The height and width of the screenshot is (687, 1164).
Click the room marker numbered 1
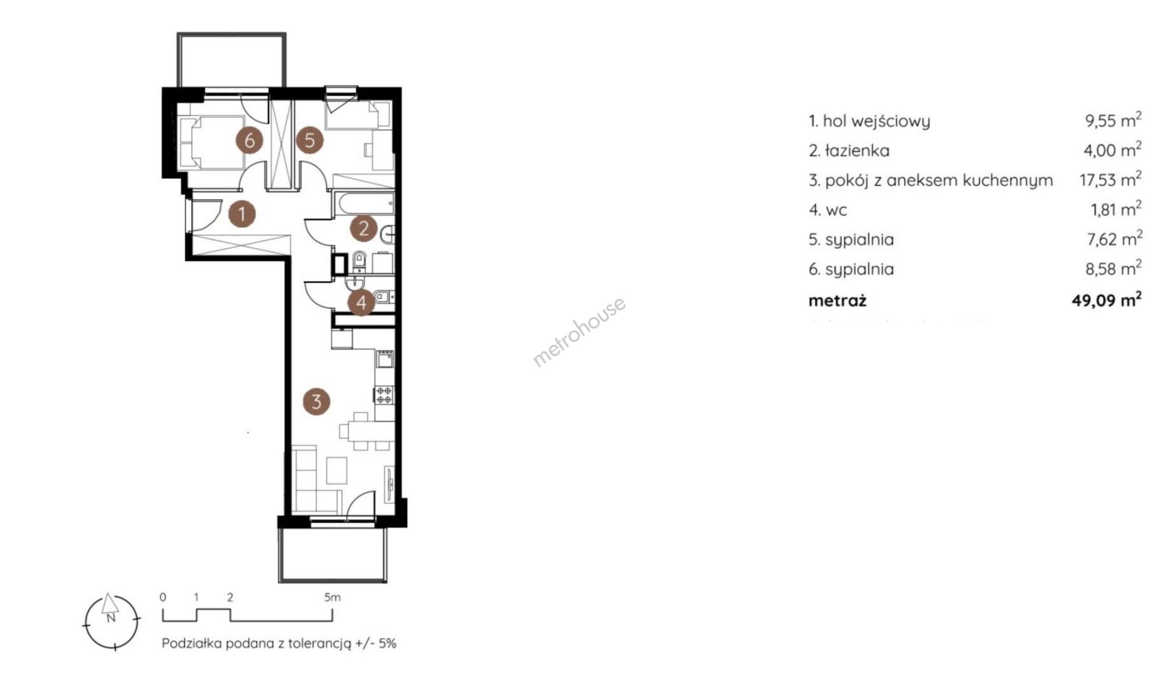(x=242, y=214)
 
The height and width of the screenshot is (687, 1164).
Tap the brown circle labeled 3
(x=317, y=401)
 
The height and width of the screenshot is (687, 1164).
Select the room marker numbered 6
(x=249, y=140)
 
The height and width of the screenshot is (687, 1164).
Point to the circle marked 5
(x=309, y=140)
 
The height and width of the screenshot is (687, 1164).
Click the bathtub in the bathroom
(x=364, y=205)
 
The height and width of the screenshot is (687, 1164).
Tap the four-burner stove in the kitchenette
(x=384, y=395)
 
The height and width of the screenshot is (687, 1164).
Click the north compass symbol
(x=111, y=621)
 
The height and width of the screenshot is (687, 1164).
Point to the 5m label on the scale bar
(x=332, y=597)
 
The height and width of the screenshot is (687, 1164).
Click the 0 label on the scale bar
(x=163, y=597)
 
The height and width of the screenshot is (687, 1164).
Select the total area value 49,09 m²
(x=1106, y=300)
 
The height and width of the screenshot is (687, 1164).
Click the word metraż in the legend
(x=837, y=300)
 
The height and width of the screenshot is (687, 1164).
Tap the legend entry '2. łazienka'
(x=849, y=151)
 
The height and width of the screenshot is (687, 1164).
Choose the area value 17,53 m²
(x=1111, y=180)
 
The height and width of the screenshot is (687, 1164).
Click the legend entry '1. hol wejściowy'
(x=869, y=121)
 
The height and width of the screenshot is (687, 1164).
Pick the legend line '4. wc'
(x=828, y=210)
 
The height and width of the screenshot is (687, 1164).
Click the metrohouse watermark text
(x=579, y=332)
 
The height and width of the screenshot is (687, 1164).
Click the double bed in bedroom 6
(x=211, y=141)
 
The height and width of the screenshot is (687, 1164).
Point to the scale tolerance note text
(x=279, y=643)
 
